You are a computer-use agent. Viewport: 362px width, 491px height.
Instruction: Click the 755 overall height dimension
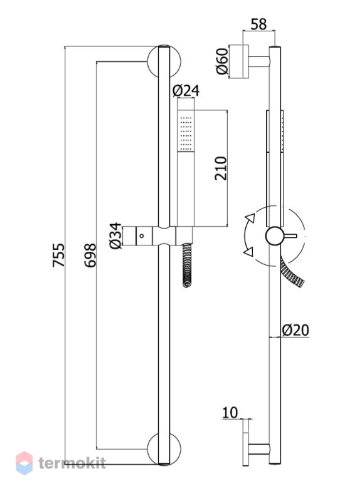click(x=58, y=255)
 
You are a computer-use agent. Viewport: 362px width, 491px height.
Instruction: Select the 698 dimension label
click(x=90, y=256)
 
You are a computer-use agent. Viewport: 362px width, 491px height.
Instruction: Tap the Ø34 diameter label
click(x=115, y=235)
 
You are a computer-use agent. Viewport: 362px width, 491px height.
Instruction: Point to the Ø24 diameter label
click(x=186, y=91)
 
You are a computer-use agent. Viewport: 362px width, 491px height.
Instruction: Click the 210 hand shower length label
click(x=221, y=168)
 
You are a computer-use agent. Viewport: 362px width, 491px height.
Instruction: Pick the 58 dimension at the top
click(x=258, y=24)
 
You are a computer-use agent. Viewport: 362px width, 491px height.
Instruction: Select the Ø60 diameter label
click(x=222, y=61)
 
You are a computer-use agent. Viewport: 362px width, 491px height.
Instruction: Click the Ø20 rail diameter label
click(x=295, y=330)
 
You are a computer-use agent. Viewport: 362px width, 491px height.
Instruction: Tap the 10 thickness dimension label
click(x=230, y=412)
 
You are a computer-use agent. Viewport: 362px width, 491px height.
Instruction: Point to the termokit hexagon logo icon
click(x=24, y=463)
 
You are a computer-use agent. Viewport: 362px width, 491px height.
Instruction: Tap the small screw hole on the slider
click(x=142, y=235)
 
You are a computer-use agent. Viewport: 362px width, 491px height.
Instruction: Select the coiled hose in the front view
click(x=188, y=265)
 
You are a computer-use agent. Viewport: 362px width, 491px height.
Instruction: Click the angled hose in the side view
click(x=292, y=273)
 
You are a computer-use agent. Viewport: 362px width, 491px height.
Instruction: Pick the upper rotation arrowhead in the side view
click(x=250, y=218)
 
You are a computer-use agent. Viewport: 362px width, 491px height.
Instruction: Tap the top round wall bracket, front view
click(x=164, y=61)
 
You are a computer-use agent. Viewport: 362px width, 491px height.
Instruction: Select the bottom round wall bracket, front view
click(x=164, y=448)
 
